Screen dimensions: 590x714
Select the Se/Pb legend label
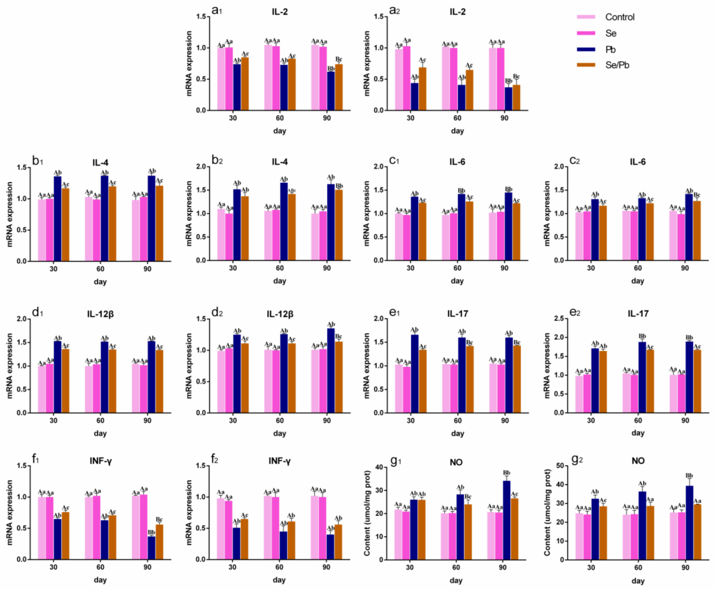coord(617,65)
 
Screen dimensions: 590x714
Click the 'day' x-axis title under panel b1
coord(100,282)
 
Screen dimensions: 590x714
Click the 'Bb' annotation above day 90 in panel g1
coord(507,473)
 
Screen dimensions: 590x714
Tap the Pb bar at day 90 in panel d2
coord(331,370)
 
